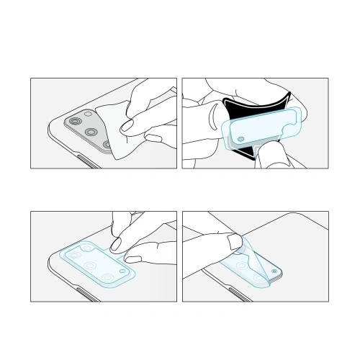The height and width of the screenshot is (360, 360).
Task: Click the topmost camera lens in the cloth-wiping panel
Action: click(76, 120)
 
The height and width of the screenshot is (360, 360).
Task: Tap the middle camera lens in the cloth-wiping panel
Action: click(92, 132)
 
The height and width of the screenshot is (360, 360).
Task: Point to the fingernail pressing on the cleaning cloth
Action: click(128, 129)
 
